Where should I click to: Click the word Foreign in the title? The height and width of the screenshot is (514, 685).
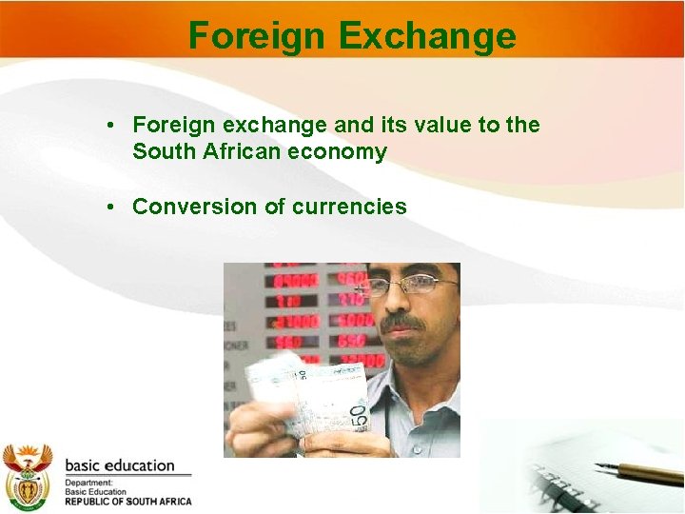pyautogui.click(x=257, y=36)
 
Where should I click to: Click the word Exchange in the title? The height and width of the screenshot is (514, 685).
pyautogui.click(x=426, y=36)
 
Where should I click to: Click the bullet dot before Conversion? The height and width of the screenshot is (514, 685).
pyautogui.click(x=112, y=207)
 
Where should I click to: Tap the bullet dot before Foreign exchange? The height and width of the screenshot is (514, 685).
pyautogui.click(x=112, y=125)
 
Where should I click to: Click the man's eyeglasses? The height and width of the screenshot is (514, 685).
pyautogui.click(x=409, y=285)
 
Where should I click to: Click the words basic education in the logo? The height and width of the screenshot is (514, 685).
pyautogui.click(x=120, y=465)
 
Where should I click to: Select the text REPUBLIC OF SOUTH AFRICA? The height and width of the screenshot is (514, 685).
pyautogui.click(x=127, y=502)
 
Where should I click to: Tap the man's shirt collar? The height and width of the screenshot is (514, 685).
pyautogui.click(x=419, y=381)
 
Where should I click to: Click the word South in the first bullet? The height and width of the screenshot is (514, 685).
pyautogui.click(x=163, y=151)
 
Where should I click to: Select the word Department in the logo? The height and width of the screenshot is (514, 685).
pyautogui.click(x=88, y=483)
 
